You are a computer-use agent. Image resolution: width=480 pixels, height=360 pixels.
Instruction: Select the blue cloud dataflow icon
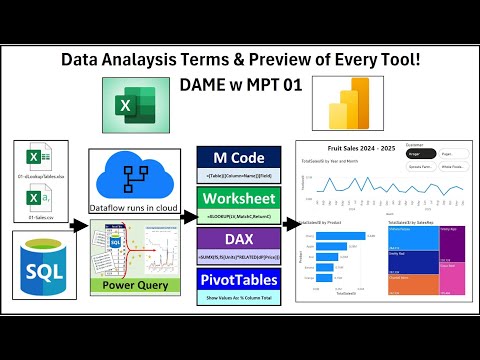(134, 180)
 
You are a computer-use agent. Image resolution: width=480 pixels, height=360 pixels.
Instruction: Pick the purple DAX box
(237, 241)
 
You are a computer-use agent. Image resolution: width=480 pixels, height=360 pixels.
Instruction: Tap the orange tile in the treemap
(408, 285)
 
